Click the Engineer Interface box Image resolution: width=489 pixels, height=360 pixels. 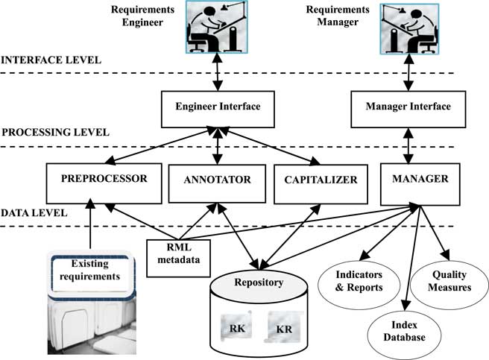(x=218, y=107)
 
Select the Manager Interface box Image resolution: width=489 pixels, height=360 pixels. (x=408, y=107)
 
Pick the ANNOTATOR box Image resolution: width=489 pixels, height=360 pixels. (x=218, y=180)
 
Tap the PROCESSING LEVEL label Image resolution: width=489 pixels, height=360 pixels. (x=55, y=132)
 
